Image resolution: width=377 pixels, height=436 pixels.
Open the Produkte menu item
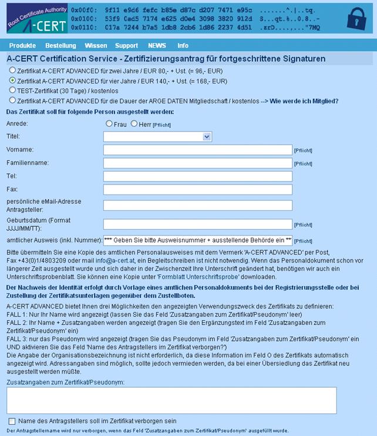click(22, 45)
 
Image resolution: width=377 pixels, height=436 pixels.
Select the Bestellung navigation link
click(60, 45)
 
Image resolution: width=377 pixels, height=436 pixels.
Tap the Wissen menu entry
click(96, 45)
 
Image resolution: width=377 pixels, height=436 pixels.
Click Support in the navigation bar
click(126, 45)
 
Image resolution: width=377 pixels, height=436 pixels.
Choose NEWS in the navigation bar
click(157, 45)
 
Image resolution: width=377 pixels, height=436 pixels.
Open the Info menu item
click(183, 45)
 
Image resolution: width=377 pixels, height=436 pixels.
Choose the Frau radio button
click(109, 123)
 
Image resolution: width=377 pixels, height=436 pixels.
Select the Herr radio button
click(134, 123)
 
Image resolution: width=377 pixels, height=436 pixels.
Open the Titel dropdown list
click(157, 136)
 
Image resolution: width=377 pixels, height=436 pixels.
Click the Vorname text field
click(197, 150)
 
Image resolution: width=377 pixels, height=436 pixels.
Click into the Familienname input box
click(197, 163)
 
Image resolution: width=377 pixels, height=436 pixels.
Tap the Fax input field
click(197, 189)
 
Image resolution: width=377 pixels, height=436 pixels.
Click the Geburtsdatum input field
click(197, 224)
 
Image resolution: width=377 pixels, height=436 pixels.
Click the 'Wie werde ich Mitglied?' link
click(304, 100)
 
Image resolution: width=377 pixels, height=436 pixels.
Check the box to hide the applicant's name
click(12, 421)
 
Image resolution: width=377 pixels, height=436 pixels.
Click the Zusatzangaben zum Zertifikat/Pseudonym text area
click(171, 400)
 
